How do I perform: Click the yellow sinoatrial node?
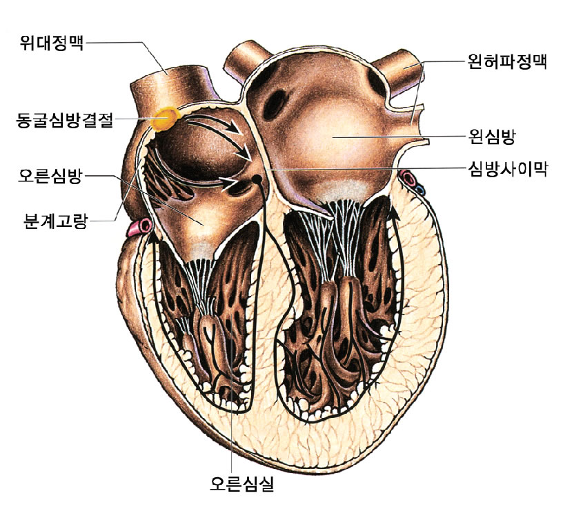coord(166,119)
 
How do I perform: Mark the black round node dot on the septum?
coord(256,179)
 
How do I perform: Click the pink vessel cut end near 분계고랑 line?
coord(144,226)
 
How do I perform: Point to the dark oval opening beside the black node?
coord(241,183)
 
